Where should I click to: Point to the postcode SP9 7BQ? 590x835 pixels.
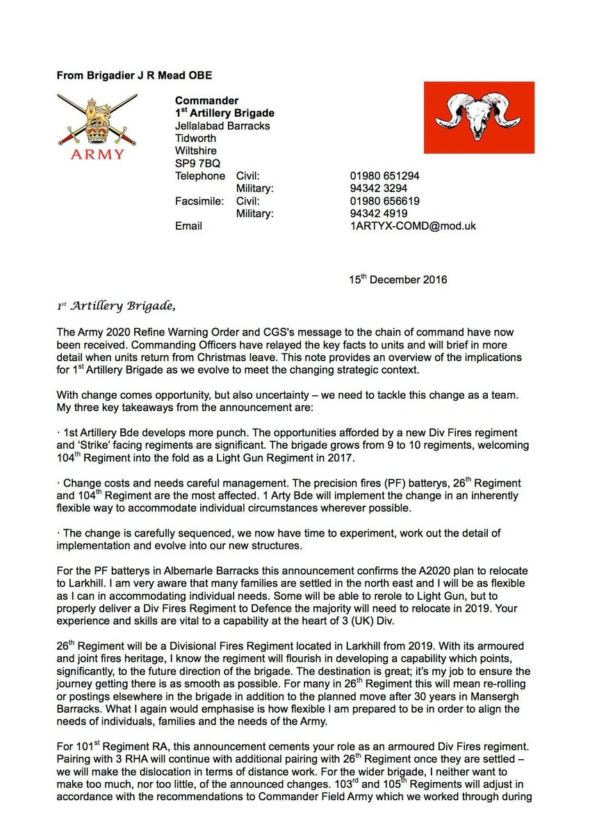(x=197, y=164)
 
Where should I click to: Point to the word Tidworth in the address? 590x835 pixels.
(x=197, y=138)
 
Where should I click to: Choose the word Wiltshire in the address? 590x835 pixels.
(x=196, y=151)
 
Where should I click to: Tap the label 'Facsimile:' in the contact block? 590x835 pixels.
(x=200, y=201)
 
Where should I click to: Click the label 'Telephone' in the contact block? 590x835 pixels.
(x=200, y=176)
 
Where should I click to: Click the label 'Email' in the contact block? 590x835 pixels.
(x=188, y=226)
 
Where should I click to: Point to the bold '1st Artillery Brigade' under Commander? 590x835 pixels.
(x=224, y=113)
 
